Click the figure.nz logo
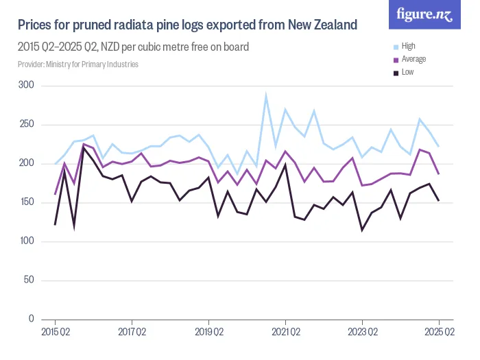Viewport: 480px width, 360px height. point(424,15)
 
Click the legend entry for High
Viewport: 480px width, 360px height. point(408,47)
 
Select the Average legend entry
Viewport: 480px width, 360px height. point(413,60)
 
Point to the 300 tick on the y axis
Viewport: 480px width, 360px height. point(27,85)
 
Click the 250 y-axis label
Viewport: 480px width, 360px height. point(27,124)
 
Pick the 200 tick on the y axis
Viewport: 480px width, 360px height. point(27,163)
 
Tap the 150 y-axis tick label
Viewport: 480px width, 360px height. point(27,202)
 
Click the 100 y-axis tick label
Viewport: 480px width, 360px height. point(27,241)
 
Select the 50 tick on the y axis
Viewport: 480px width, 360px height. point(29,280)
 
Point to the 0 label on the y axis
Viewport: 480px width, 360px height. point(31,320)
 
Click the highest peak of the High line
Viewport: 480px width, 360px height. point(266,95)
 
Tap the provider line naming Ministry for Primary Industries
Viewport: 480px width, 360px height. point(78,64)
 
